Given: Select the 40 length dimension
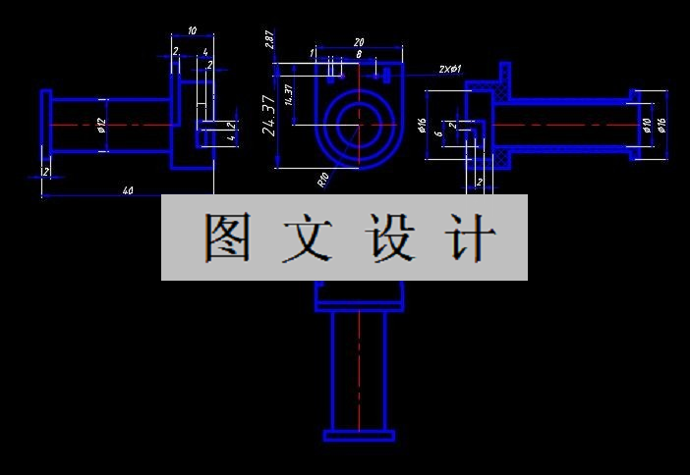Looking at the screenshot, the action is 128,190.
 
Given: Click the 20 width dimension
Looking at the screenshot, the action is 359,42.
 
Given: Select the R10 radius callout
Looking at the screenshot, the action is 322,178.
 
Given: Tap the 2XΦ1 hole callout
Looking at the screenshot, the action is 450,70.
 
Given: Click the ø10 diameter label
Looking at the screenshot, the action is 647,125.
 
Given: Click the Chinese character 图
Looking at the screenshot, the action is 226,237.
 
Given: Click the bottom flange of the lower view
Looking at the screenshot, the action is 359,435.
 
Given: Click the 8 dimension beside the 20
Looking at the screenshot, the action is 359,56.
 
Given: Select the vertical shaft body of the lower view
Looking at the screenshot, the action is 359,369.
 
